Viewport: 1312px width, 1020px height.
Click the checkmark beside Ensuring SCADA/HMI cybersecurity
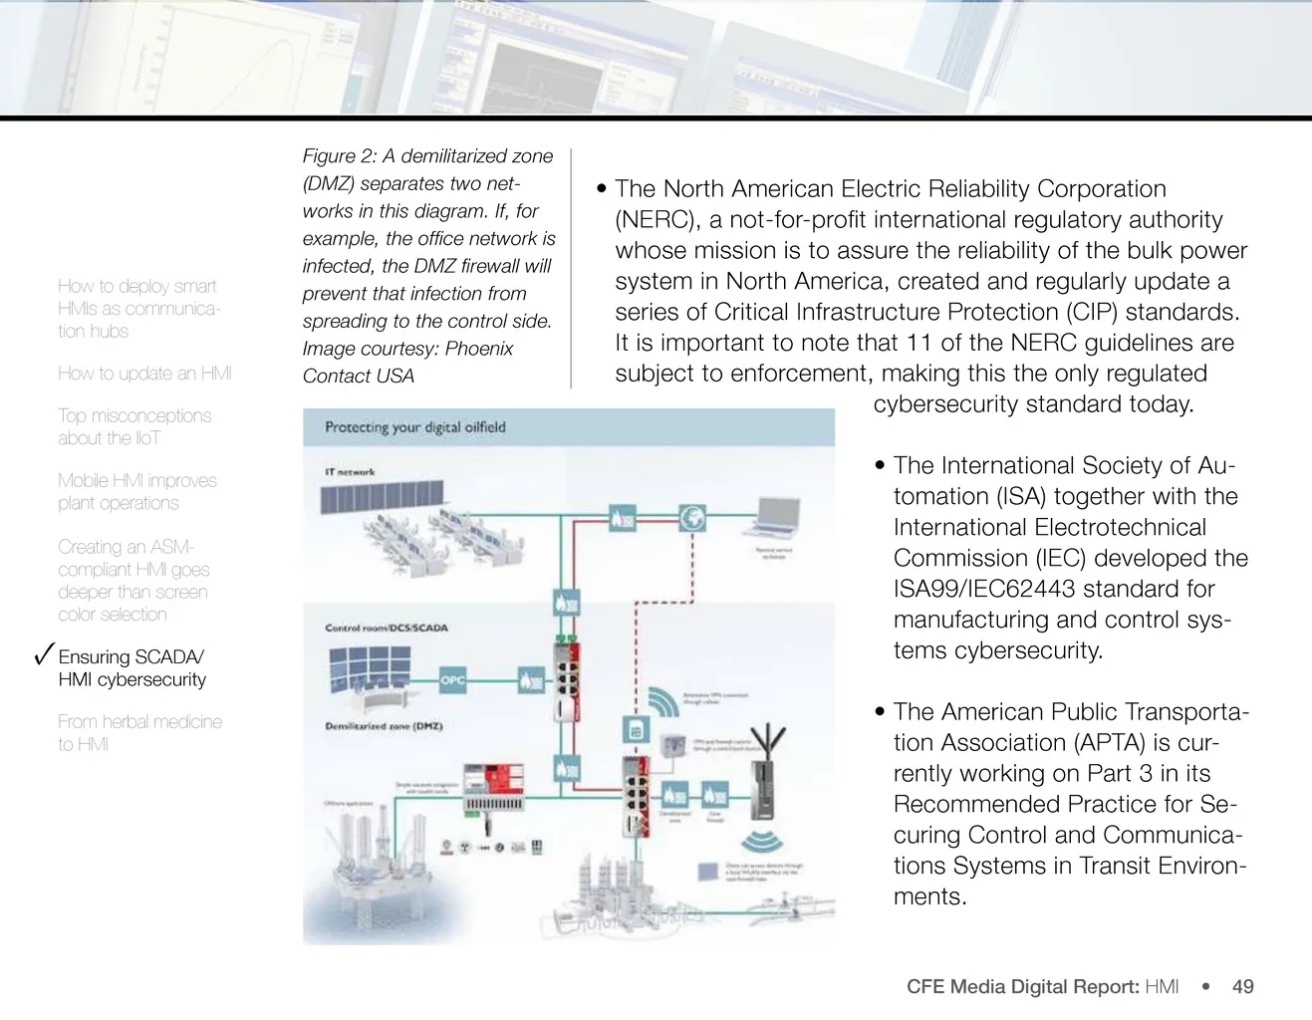click(43, 654)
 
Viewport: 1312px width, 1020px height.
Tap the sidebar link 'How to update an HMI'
click(144, 374)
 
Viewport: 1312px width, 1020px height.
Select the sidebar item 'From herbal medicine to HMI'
click(139, 732)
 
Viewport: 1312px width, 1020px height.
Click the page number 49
click(1242, 986)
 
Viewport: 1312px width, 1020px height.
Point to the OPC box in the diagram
click(453, 680)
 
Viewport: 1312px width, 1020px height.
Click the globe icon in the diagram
click(692, 517)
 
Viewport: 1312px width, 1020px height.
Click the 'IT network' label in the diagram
click(350, 472)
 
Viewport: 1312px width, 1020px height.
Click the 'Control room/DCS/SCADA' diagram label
click(387, 628)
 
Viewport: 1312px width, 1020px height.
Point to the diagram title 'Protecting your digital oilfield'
click(415, 427)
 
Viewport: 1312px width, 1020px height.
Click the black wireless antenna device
click(764, 777)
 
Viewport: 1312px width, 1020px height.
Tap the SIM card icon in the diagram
click(635, 730)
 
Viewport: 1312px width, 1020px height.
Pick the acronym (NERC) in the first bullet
click(655, 220)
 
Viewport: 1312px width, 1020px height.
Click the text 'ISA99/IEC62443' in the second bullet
click(983, 589)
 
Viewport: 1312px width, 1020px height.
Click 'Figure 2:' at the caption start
click(339, 156)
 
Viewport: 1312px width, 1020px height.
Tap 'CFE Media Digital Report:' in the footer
click(1022, 986)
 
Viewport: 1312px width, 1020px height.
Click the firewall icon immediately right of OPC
click(531, 680)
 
